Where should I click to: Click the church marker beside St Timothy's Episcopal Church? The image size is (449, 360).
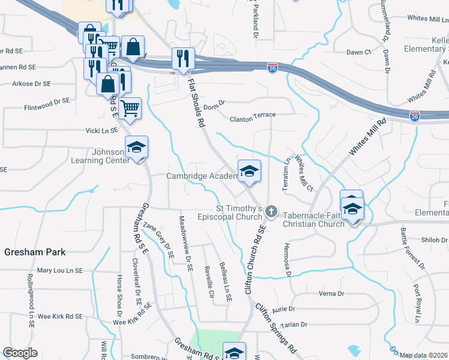pyautogui.click(x=271, y=212)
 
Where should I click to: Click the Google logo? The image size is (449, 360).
pyautogui.click(x=20, y=353)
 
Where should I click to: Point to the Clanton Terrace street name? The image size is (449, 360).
pyautogui.click(x=252, y=119)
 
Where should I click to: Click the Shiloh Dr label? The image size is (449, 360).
pyautogui.click(x=435, y=239)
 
